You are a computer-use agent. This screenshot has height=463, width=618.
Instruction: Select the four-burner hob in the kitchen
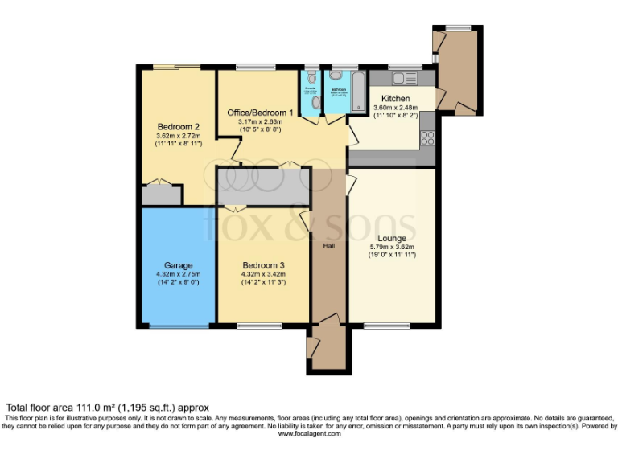pos(427,137)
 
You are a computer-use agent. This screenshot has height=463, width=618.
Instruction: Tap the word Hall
pos(330,246)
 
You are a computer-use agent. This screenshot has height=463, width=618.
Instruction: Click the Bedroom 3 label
pos(262,264)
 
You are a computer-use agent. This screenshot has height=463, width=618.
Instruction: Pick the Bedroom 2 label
pos(178,126)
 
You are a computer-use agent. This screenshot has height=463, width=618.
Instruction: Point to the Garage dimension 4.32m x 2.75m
pos(177,274)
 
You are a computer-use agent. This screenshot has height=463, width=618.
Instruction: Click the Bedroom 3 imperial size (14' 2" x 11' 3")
pos(262,282)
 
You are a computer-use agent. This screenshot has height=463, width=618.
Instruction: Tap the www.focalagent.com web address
pos(309,434)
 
